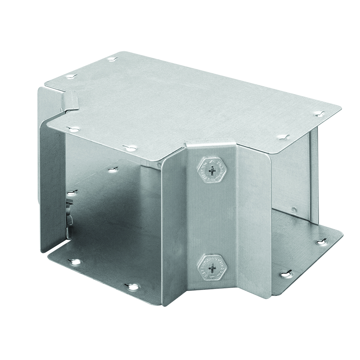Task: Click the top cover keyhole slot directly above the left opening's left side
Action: (70, 129)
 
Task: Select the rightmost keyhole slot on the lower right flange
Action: (319, 243)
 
